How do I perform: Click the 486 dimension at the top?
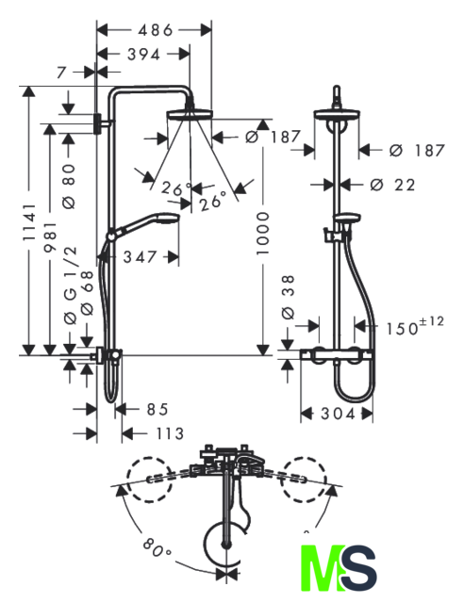click(156, 30)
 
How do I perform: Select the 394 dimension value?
click(143, 55)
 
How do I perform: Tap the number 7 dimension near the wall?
click(62, 72)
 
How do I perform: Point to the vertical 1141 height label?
click(29, 222)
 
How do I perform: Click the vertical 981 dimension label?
click(50, 237)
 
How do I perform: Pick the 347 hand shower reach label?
click(140, 257)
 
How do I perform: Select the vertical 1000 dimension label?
click(263, 234)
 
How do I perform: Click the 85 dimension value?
click(157, 410)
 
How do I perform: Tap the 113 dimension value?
click(170, 434)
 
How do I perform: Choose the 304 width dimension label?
click(338, 415)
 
